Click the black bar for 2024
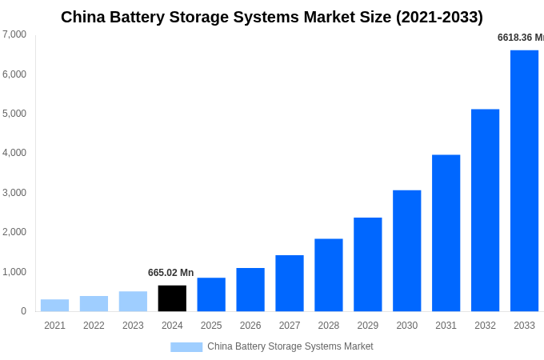coord(172,298)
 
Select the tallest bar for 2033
coord(524,181)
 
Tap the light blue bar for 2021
coord(54,306)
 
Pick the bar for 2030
coord(406,250)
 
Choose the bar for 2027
coord(290,283)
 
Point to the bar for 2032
coord(485,210)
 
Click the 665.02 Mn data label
coord(170,273)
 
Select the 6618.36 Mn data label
coord(520,38)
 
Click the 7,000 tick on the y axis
coord(14,34)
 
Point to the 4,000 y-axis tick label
coord(14,153)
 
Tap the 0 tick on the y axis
coord(23,311)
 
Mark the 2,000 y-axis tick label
coord(14,232)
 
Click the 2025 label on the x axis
coord(211,326)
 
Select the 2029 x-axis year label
coord(367,326)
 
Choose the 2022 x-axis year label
coord(94,326)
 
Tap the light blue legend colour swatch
coord(186,347)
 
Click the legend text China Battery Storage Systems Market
coord(290,346)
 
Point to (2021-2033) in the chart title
coord(439,17)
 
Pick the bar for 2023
coord(133,302)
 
